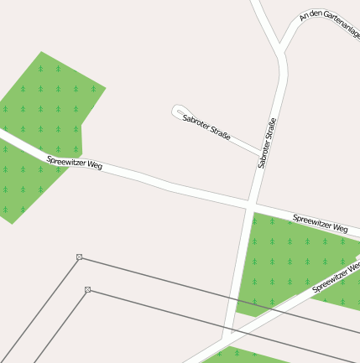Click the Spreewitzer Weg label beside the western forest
coord(74,163)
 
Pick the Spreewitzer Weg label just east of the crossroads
coord(320,223)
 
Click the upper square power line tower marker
coord(79,257)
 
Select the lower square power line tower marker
coord(87,290)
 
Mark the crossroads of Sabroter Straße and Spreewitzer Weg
coord(250,203)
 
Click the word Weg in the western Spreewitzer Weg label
coord(94,166)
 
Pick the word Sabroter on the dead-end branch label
coord(196,122)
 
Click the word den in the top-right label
coord(312,14)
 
